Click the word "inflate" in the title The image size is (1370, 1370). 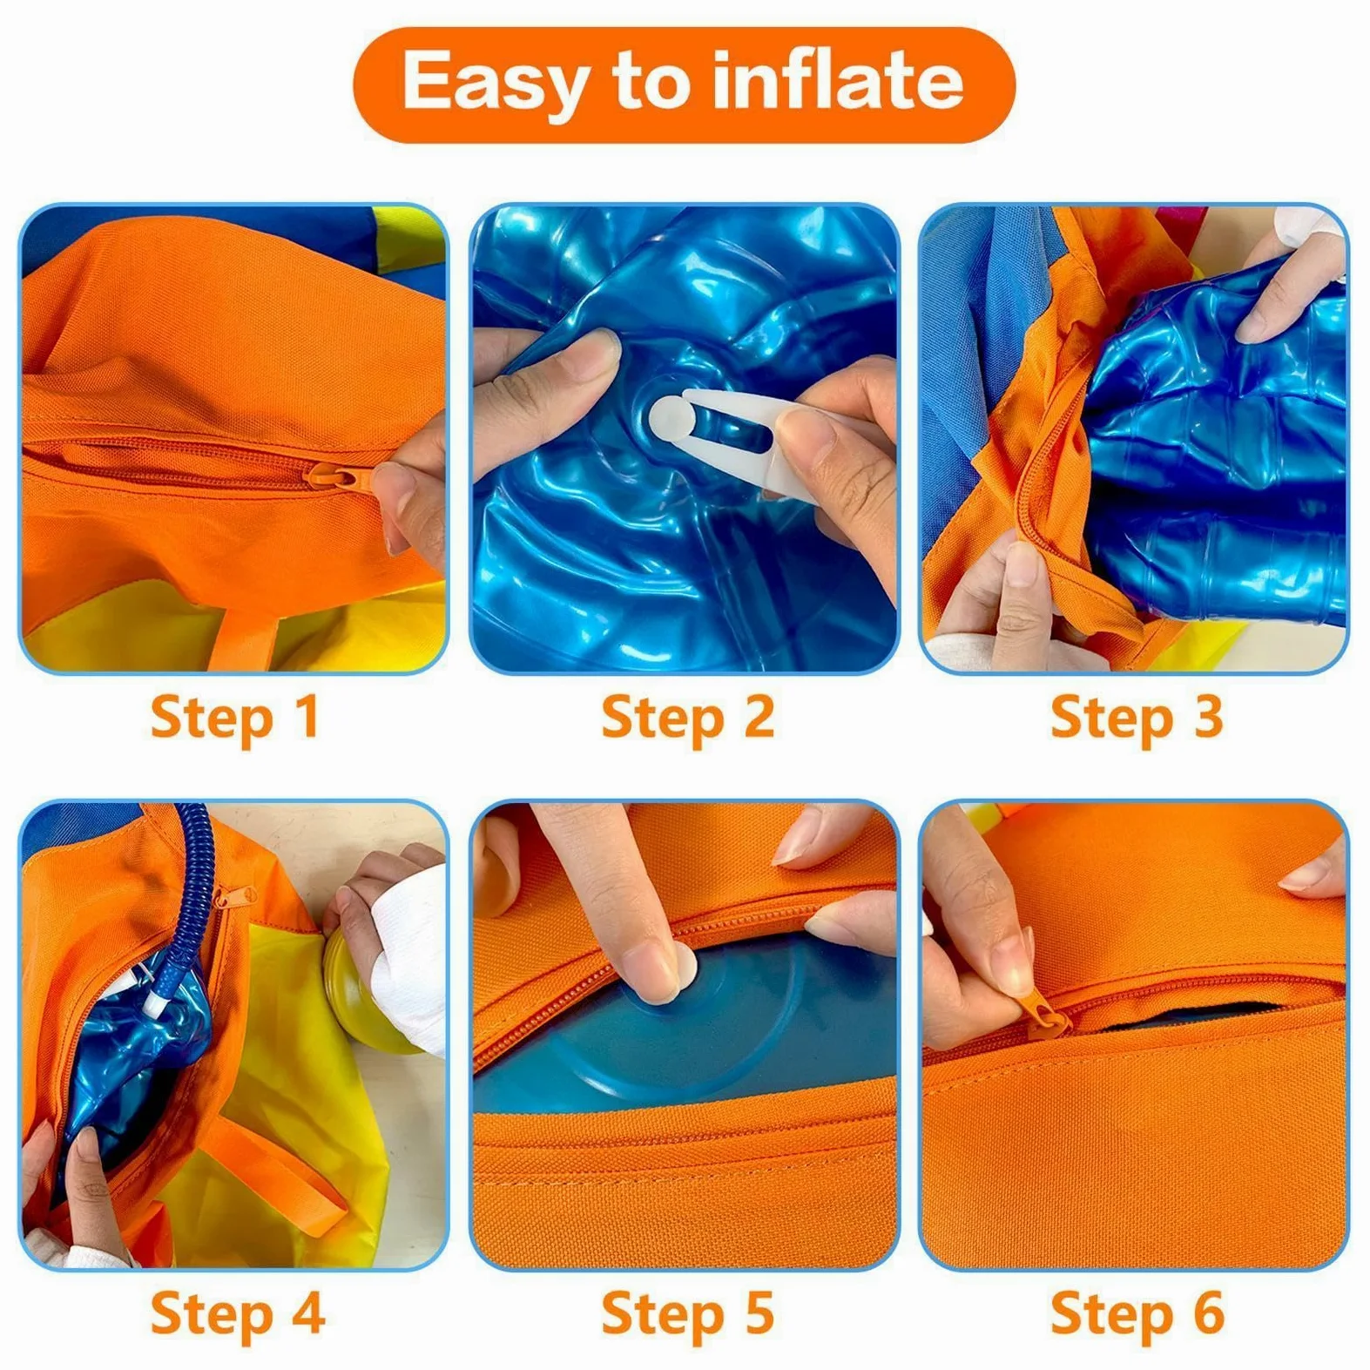coord(837,80)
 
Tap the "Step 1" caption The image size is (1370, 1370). coord(235,719)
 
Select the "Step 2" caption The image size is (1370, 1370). coord(687,719)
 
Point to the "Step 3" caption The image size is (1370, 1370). coord(1137,719)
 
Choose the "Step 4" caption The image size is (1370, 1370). coord(237,1315)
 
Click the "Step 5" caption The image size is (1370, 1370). coord(687,1315)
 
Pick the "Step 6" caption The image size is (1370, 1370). coord(1137,1315)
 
